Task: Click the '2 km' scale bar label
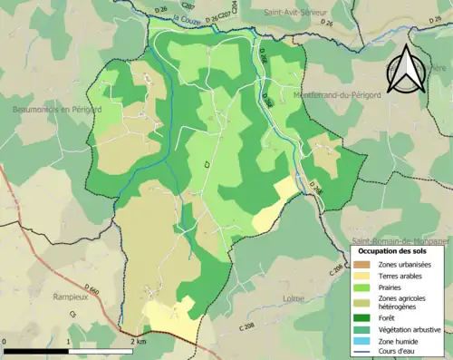click(138, 341)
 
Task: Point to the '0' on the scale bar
click(6, 341)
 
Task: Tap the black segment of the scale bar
click(37, 349)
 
